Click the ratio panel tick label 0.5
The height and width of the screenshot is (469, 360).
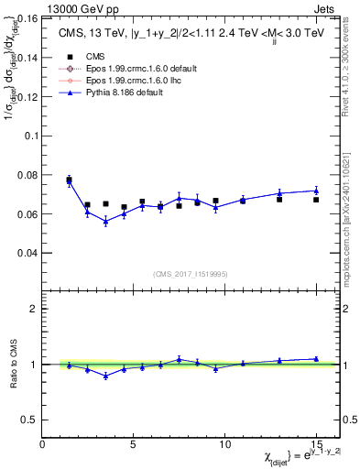pos(27,420)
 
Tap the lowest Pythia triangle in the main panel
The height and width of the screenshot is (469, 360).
pos(105,221)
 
